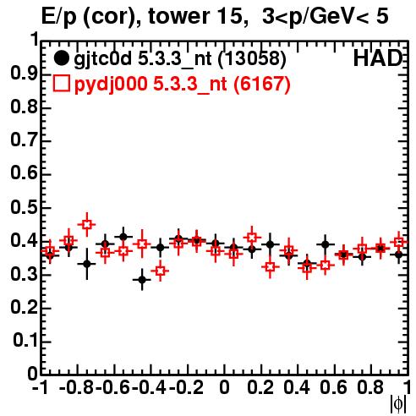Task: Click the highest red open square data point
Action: coord(87,224)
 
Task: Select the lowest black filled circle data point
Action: coord(142,280)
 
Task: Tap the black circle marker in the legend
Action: coord(61,58)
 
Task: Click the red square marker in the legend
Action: coord(61,84)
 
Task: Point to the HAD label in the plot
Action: coord(377,58)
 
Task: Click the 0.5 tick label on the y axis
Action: coord(24,207)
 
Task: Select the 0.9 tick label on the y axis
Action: coord(24,74)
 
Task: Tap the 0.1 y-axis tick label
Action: coord(25,341)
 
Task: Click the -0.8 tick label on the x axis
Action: coord(77,388)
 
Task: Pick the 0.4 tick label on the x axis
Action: coord(297,388)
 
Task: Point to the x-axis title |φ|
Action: coord(398,404)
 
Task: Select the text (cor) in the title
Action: coord(112,16)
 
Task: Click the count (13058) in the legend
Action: coord(252,58)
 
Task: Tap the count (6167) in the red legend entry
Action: coord(262,84)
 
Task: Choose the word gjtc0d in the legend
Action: coord(103,59)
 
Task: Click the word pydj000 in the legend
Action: coord(111,85)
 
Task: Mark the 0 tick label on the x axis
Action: coord(224,388)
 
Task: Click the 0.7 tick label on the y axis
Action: coord(24,140)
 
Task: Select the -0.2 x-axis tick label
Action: coord(187,388)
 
